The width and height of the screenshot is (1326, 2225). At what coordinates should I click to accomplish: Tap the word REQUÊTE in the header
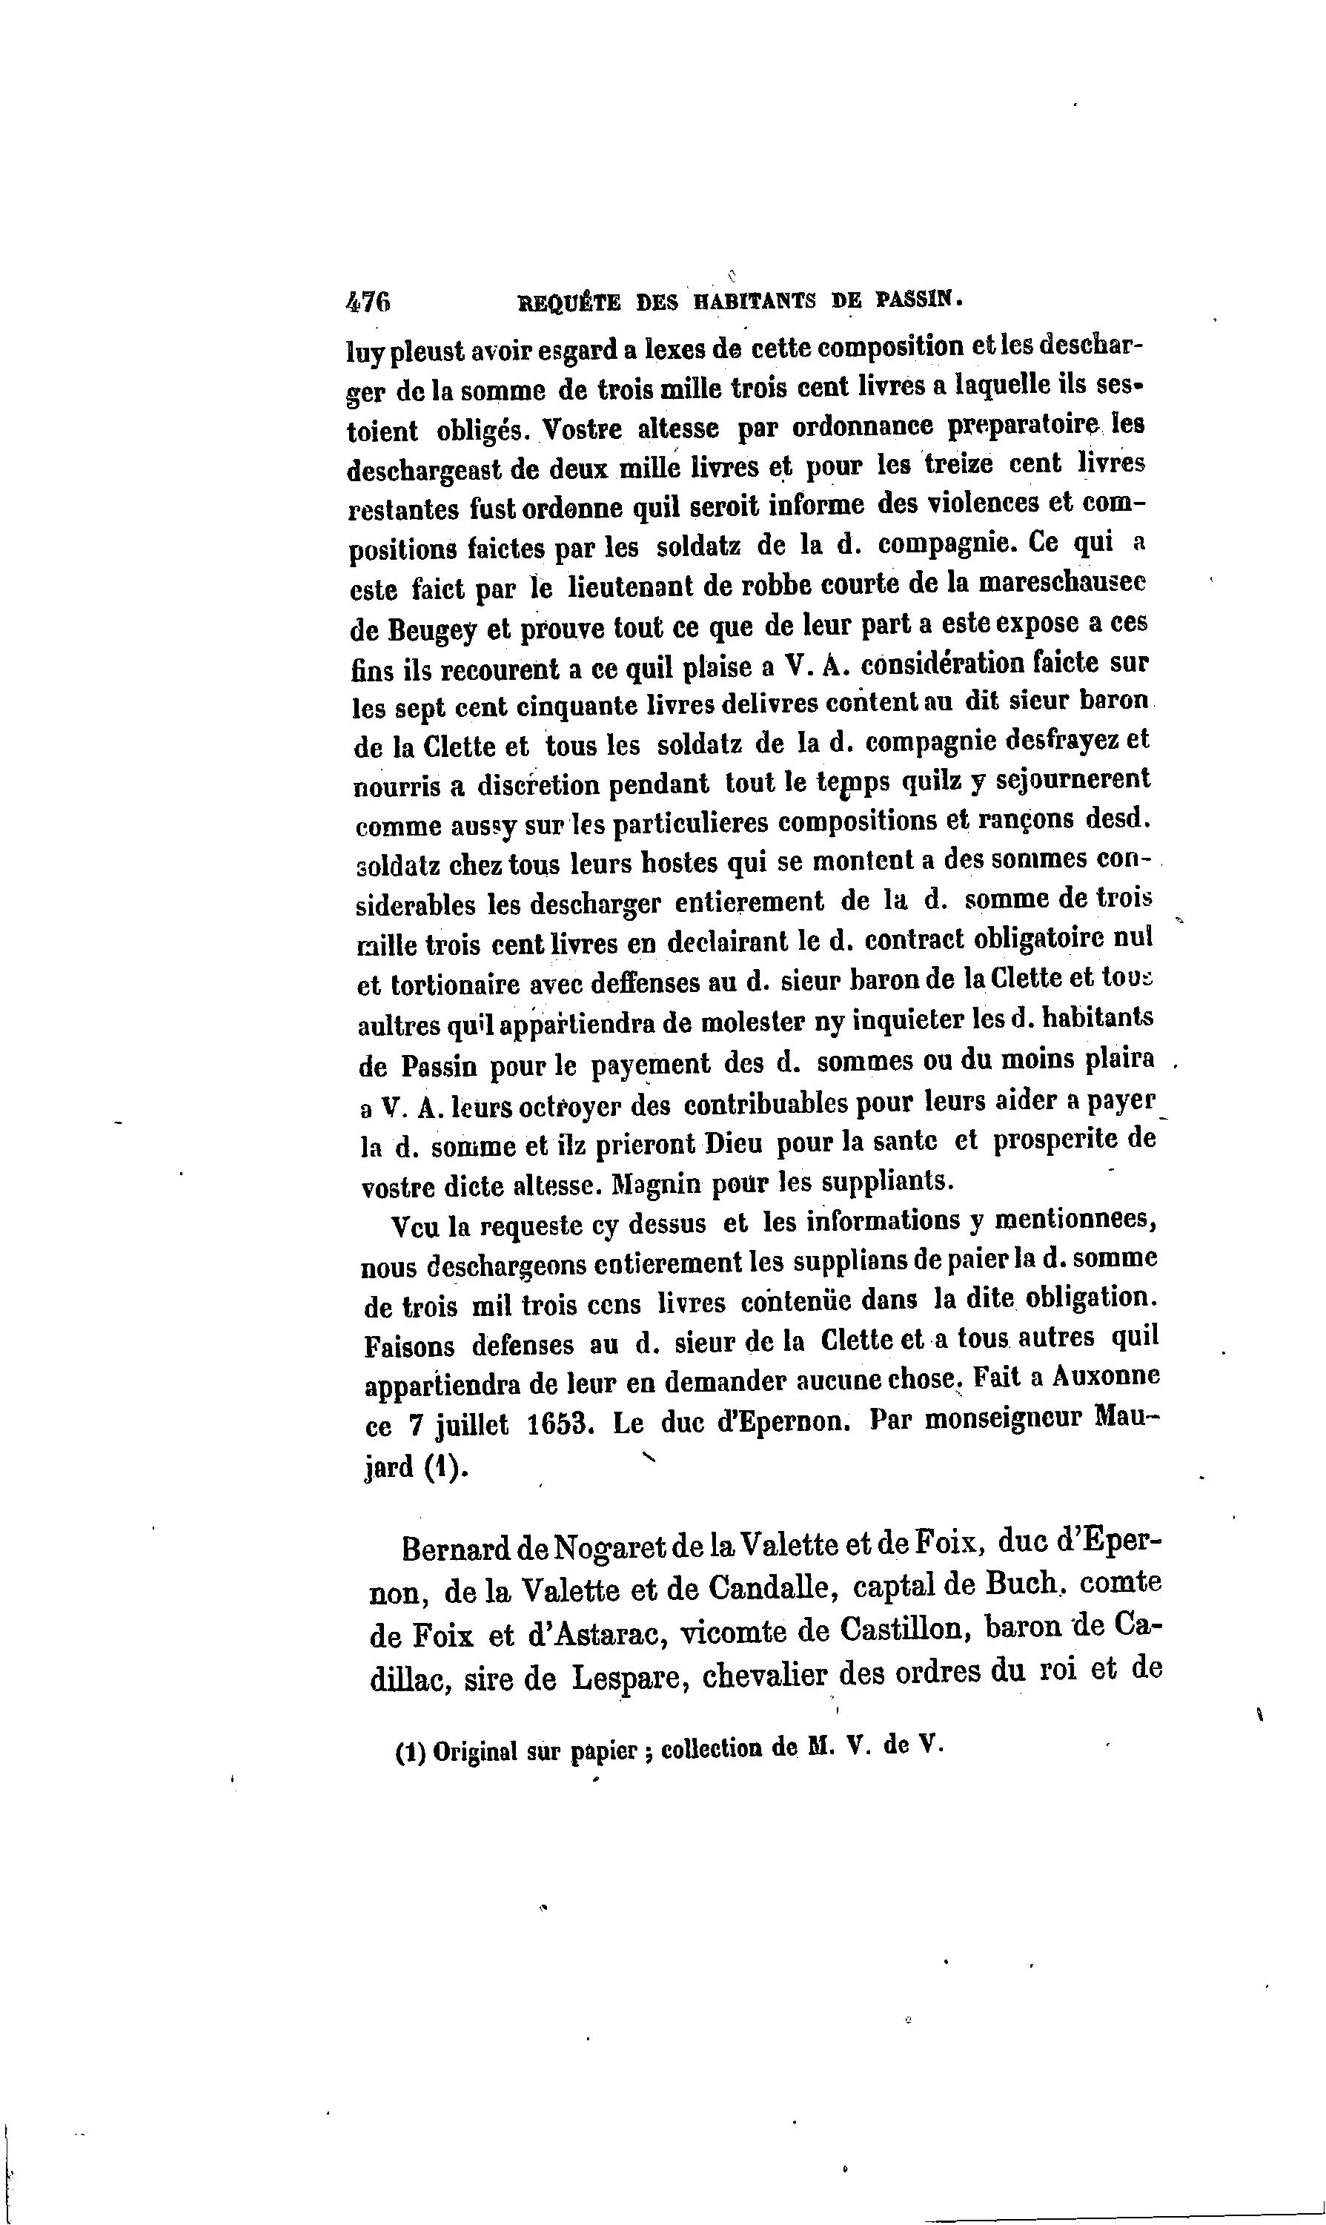click(568, 303)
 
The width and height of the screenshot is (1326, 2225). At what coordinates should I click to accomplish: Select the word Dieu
click(735, 1143)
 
